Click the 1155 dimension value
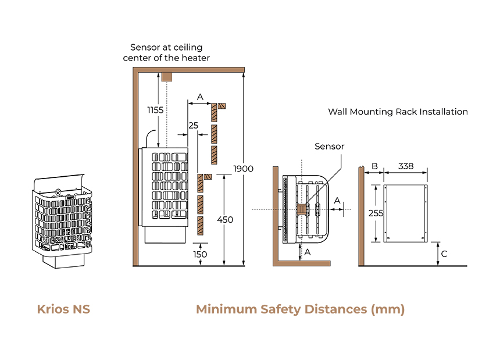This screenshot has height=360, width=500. (x=155, y=110)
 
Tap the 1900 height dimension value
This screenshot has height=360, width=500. (x=243, y=169)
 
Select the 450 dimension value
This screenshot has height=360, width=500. (x=225, y=220)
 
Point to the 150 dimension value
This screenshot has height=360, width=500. (x=200, y=255)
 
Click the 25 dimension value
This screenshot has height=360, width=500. (x=193, y=126)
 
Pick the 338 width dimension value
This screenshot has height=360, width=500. (x=406, y=166)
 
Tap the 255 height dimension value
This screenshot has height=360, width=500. (x=376, y=213)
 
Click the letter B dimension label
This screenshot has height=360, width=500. (x=374, y=166)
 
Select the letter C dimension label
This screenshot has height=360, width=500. (x=444, y=254)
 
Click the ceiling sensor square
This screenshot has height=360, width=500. (x=166, y=77)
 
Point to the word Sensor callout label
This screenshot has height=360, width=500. (x=330, y=147)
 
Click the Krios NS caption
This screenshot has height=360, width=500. (x=63, y=309)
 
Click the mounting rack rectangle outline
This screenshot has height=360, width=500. (x=384, y=213)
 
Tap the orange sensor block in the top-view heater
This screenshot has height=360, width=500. (x=301, y=209)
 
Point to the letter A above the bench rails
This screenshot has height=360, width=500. (x=200, y=97)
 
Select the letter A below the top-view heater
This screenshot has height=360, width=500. (x=308, y=252)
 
